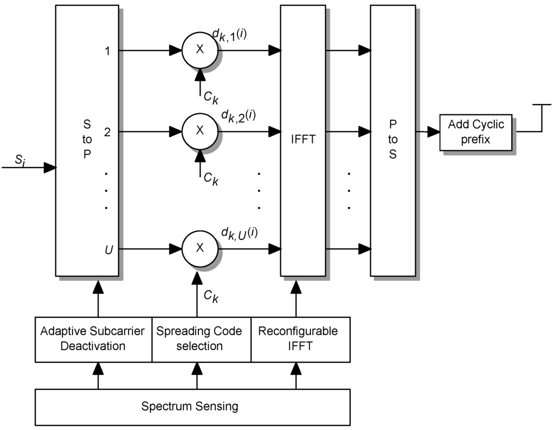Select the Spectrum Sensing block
[x=190, y=406]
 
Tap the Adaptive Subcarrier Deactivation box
[x=93, y=339]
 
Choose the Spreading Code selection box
[x=199, y=339]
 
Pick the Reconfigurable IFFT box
[x=298, y=339]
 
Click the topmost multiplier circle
[x=199, y=50]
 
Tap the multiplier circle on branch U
[x=199, y=249]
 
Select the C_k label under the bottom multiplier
[x=211, y=296]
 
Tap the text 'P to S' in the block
[x=392, y=139]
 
